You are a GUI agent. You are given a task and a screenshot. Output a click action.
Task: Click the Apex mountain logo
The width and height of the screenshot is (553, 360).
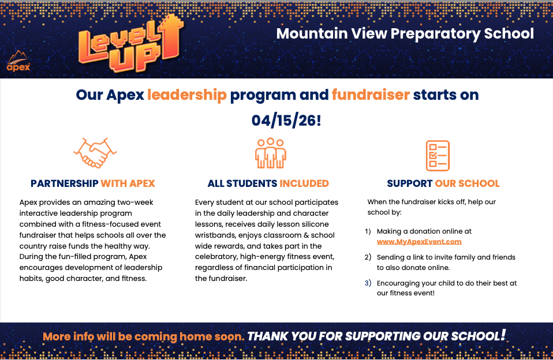coord(18,61)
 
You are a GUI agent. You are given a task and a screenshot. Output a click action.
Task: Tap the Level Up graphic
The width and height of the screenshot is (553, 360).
coord(131,43)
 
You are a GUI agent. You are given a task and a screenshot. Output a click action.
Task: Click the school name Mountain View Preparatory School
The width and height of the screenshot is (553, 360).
coord(405,34)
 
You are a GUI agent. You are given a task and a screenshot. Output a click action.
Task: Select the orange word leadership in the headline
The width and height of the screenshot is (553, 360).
coord(187,95)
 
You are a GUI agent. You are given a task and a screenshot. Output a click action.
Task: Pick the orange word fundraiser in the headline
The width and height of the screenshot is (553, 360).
coord(371,95)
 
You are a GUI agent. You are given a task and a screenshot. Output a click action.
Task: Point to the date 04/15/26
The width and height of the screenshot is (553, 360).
coord(286,121)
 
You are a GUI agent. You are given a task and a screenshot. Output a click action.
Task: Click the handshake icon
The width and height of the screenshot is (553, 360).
coord(95,153)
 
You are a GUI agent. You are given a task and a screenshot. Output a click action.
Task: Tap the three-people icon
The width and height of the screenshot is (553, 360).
coord(271,153)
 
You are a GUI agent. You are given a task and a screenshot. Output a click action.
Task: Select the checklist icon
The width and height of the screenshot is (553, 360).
coord(438,156)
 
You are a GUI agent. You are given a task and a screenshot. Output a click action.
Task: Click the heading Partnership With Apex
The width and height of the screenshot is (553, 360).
coord(93,183)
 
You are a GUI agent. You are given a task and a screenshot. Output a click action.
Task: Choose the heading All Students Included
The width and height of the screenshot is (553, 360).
coord(268,183)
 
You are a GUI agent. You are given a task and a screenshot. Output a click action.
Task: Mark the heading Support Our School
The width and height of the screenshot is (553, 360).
coord(443,183)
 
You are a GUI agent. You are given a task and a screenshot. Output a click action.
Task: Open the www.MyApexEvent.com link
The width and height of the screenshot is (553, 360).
coord(419,242)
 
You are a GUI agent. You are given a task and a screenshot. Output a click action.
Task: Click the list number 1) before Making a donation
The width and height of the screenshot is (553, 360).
coord(368,231)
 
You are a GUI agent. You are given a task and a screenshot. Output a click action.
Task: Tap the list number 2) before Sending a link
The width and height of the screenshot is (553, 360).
coord(368,257)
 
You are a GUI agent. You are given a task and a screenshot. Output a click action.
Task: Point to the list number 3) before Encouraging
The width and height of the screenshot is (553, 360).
coord(368,283)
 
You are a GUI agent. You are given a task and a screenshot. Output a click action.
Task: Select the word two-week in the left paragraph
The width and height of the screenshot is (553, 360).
coord(136,202)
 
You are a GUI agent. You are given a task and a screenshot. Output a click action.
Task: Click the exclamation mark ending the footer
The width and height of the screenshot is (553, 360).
coord(503,335)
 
